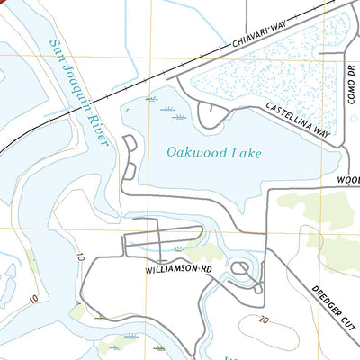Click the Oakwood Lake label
tap(214, 153)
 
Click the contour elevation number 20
tap(263, 319)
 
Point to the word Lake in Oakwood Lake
tap(246, 153)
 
